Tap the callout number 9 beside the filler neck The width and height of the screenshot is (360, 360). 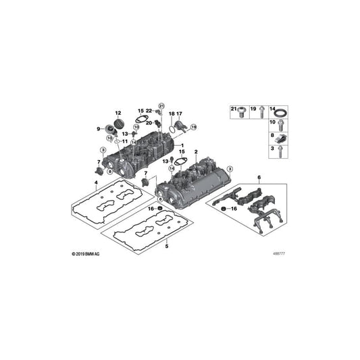[99, 128]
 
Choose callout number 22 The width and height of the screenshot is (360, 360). [149, 111]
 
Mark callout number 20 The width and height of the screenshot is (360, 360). [149, 122]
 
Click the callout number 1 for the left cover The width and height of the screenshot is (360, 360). [180, 145]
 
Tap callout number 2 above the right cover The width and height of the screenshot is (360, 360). [195, 152]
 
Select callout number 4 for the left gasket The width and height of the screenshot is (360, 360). [97, 182]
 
